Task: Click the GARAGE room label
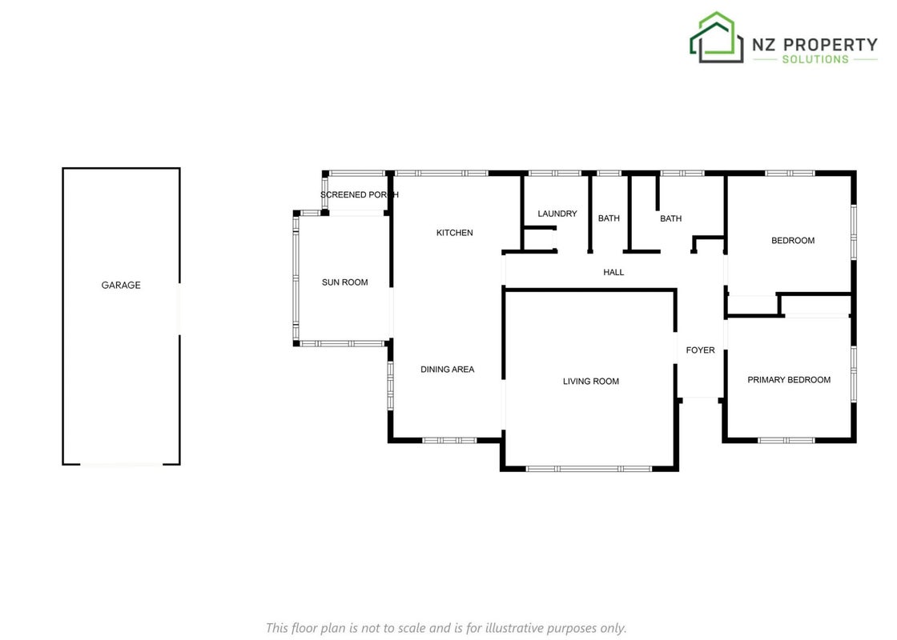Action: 121,285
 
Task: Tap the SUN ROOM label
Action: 345,282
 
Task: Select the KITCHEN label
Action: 455,233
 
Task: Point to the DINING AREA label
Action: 448,369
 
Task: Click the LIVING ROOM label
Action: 591,381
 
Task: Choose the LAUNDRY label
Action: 557,214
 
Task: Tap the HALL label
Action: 613,272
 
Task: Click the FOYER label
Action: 700,350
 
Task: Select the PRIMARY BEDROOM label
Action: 789,380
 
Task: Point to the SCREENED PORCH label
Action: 360,195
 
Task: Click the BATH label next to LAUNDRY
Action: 609,218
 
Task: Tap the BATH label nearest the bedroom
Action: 670,218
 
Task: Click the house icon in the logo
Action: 716,37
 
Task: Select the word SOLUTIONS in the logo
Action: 815,59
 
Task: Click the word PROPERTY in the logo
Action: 830,45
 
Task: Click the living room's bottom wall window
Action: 589,469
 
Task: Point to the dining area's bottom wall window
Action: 449,441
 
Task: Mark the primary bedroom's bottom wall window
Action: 786,441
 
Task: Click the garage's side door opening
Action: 179,309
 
